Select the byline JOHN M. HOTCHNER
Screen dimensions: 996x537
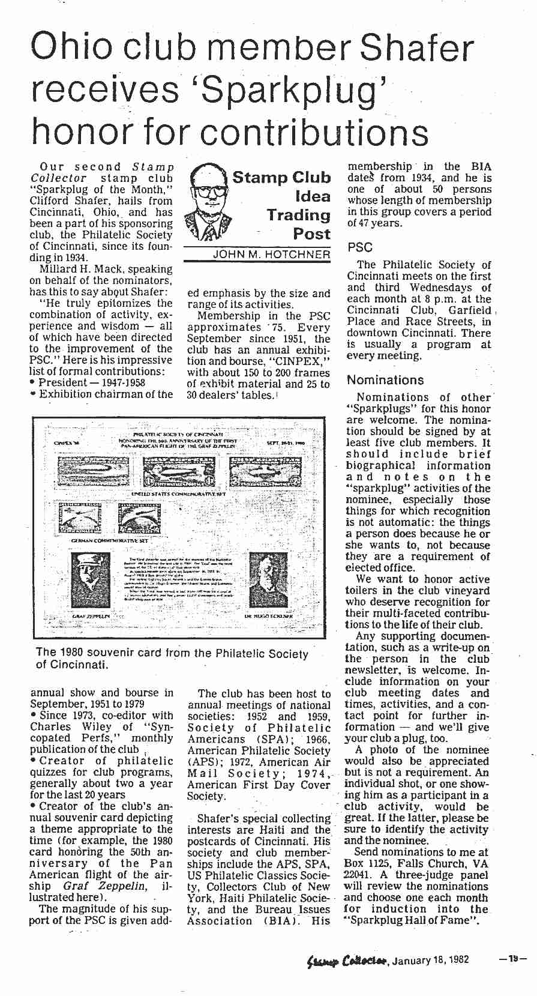click(x=271, y=255)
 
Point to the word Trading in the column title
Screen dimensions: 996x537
click(x=299, y=215)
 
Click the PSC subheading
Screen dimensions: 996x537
click(x=359, y=247)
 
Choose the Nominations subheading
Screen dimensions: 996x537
click(x=385, y=380)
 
